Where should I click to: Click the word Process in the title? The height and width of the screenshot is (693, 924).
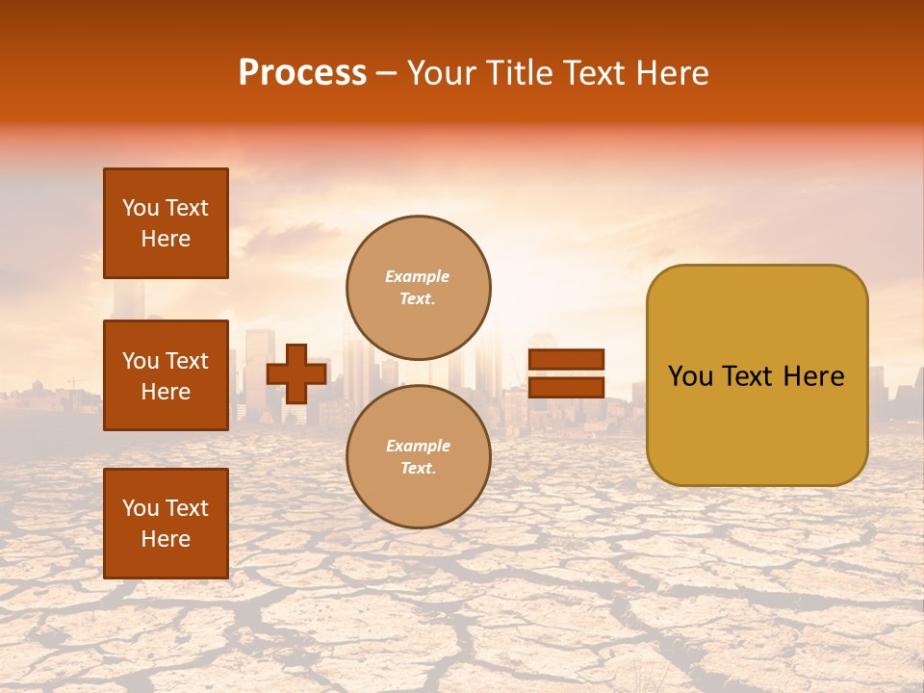click(302, 73)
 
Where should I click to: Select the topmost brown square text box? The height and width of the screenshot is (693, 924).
click(166, 223)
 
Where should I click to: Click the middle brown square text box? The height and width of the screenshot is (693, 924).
click(166, 375)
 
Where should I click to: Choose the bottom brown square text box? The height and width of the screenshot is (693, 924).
click(166, 524)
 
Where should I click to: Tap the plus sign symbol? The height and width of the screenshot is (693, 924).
click(296, 373)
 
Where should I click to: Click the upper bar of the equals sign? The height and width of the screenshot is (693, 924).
click(566, 359)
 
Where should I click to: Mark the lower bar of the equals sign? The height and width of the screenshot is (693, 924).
click(566, 387)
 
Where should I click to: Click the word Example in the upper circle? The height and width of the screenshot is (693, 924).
click(417, 276)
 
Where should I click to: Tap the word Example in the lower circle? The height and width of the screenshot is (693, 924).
click(418, 446)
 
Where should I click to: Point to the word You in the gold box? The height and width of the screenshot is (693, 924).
click(690, 376)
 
